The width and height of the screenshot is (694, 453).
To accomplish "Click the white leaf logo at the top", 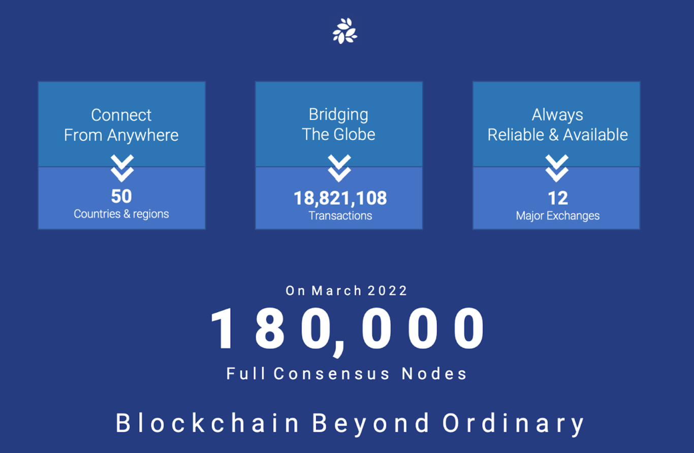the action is (x=345, y=31).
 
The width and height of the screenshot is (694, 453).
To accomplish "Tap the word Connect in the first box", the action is (x=121, y=115).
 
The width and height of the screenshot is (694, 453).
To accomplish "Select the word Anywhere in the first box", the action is (x=143, y=136).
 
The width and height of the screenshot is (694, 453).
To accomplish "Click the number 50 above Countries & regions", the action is (x=121, y=196).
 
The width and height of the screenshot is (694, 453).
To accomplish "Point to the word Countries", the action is (x=97, y=214).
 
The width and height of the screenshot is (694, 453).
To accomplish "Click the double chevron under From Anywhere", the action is (x=122, y=168).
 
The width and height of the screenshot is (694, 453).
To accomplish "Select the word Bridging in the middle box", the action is (x=339, y=115).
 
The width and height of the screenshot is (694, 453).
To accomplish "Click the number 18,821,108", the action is (x=340, y=198).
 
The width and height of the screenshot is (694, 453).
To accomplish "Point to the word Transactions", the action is (x=340, y=216).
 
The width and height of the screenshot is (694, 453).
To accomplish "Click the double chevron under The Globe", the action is (x=339, y=168).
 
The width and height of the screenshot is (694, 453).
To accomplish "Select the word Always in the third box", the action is (x=557, y=115).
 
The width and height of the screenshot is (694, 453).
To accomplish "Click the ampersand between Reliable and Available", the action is (x=554, y=135).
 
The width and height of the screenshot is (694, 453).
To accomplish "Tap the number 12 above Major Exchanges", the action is (x=558, y=198).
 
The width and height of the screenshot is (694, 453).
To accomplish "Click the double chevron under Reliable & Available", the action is (x=557, y=168).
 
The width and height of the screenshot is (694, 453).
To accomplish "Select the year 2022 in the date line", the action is (x=387, y=290).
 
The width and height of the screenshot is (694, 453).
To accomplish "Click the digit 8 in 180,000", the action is (x=270, y=328).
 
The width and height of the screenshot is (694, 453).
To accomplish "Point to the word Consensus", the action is (x=332, y=373).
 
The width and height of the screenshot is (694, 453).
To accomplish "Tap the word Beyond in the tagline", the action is (x=370, y=422).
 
